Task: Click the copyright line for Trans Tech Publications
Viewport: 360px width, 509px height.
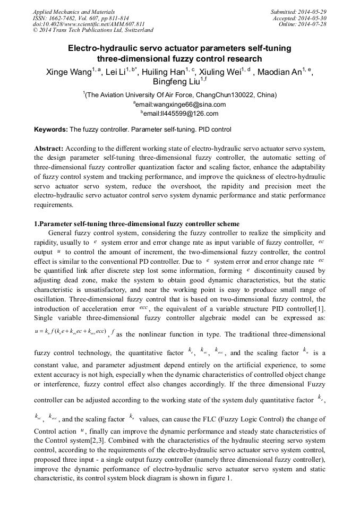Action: coord(93,30)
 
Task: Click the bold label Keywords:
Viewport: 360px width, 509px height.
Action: coord(51,130)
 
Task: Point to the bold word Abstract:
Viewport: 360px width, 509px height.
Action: coord(49,149)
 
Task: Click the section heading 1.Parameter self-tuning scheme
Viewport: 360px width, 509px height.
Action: coord(136,223)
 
